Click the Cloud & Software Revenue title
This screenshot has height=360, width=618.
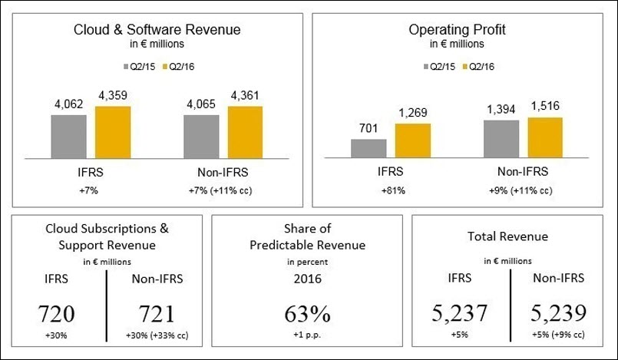[x=157, y=30]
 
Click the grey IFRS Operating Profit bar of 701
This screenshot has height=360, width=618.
[x=368, y=149]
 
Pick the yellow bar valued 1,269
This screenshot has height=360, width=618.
[x=413, y=141]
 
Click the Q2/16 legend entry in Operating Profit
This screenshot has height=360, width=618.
[x=477, y=66]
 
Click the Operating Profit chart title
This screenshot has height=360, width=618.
[x=458, y=30]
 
